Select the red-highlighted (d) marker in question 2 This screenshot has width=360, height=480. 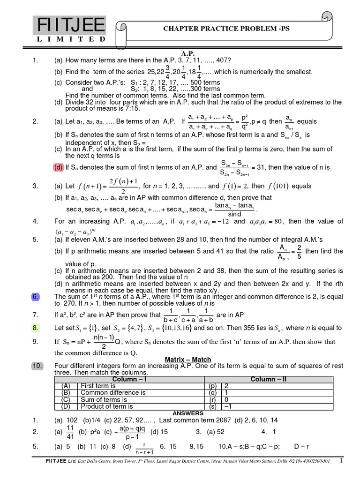pos(59,167)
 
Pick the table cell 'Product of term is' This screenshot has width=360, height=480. pos(107,406)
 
